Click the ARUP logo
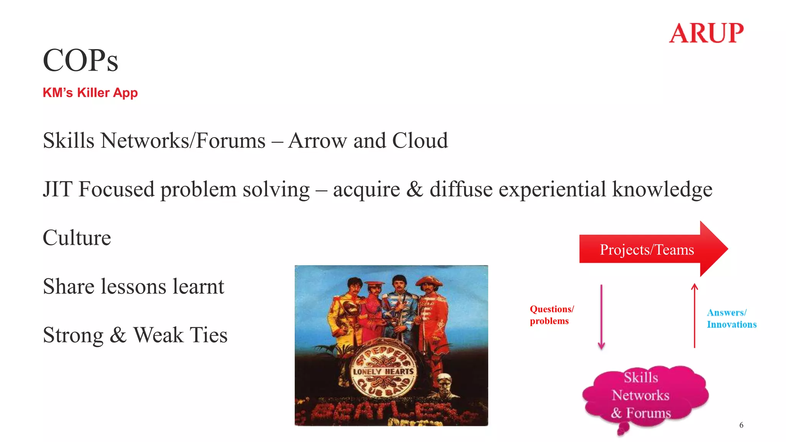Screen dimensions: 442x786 click(x=706, y=33)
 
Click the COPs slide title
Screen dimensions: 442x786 click(x=81, y=60)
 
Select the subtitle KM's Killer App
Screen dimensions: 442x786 click(x=90, y=93)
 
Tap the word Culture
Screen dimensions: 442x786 click(x=77, y=238)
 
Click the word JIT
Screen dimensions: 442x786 click(x=57, y=189)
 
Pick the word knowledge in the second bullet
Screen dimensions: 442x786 click(x=662, y=189)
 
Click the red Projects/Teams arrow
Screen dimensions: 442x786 click(x=652, y=249)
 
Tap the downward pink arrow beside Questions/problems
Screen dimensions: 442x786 click(x=601, y=317)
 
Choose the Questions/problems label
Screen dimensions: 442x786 click(x=552, y=315)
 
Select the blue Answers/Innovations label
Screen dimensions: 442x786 click(x=732, y=319)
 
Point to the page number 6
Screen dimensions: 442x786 click(x=741, y=425)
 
